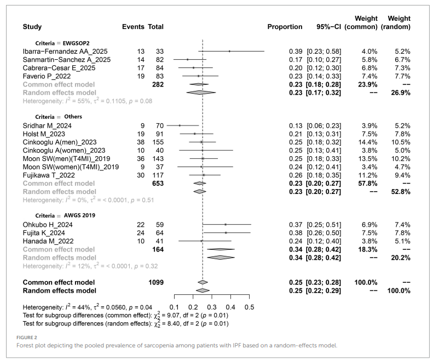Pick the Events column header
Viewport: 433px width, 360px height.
133,26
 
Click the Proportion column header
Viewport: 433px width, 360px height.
285,26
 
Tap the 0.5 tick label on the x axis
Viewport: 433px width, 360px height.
249,306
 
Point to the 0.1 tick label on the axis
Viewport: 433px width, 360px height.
175,306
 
